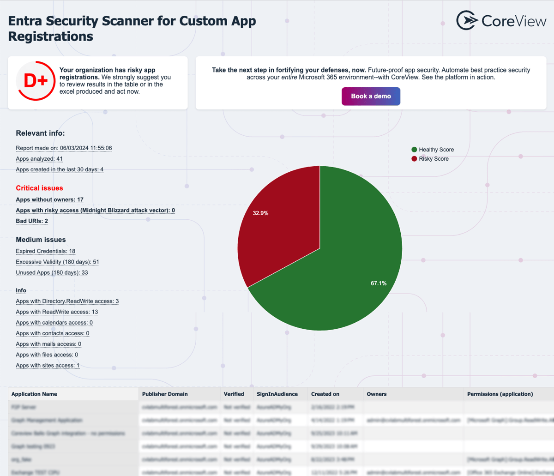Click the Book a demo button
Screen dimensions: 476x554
point(371,96)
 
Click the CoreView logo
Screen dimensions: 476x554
point(501,21)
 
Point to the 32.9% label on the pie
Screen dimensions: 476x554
point(260,213)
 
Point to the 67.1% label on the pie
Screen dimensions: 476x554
point(379,283)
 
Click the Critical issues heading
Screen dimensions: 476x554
point(39,188)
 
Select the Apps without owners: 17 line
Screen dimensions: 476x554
point(49,199)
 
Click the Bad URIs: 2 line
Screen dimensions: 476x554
point(32,221)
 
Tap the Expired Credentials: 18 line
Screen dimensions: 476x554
point(45,251)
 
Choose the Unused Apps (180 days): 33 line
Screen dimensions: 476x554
point(52,272)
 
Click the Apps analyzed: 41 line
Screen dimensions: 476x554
point(39,159)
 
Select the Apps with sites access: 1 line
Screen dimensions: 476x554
point(48,365)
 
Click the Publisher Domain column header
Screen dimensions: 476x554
point(165,394)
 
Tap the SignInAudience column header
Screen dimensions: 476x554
point(277,394)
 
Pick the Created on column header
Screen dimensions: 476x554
point(325,394)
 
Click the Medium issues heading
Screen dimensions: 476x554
point(41,240)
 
